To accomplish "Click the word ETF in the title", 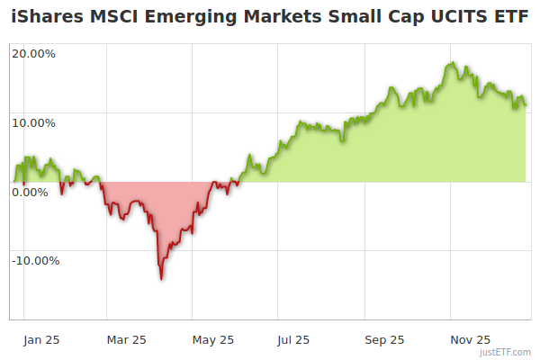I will (x=510, y=16).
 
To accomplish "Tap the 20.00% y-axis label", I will (x=33, y=53).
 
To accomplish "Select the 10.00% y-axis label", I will (x=33, y=122).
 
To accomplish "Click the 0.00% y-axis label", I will (x=31, y=192).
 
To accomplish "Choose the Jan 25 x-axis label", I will (x=41, y=339).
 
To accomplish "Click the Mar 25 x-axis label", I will (x=126, y=339).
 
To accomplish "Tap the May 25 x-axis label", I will (x=213, y=339).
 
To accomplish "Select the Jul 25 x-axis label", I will (x=293, y=339).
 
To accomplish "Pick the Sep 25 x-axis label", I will (x=384, y=339).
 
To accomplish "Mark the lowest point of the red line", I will (x=161, y=279).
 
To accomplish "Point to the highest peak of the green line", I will (x=453, y=63).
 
